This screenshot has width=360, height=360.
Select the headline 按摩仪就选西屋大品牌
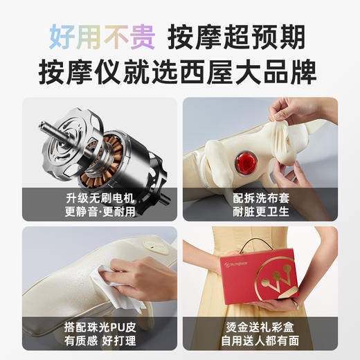pos(180,72)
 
